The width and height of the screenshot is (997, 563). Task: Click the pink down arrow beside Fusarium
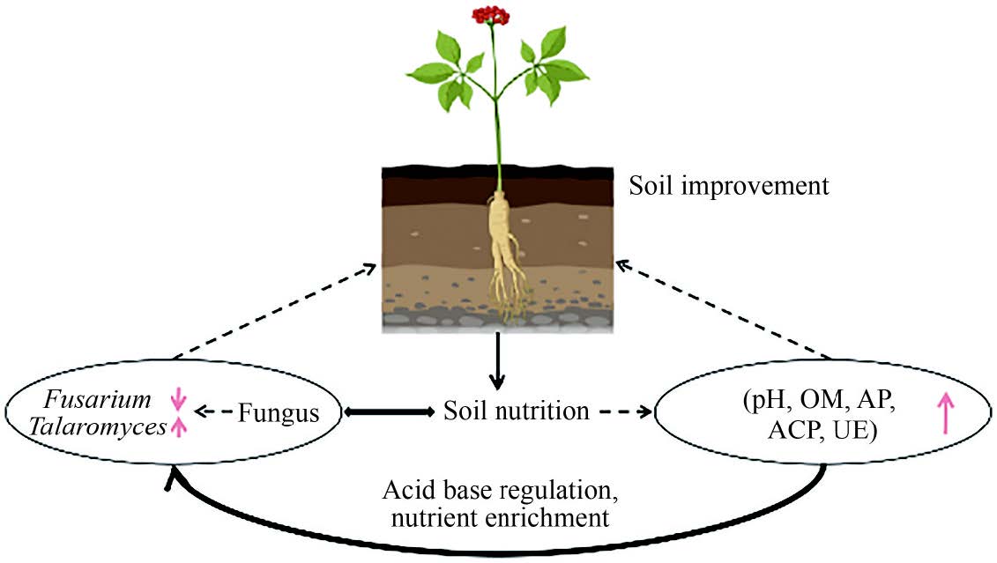click(x=179, y=400)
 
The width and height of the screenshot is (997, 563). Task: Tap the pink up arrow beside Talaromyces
click(x=179, y=426)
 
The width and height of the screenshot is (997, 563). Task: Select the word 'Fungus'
click(x=279, y=412)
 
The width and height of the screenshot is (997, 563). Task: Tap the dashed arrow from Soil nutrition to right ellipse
click(x=625, y=411)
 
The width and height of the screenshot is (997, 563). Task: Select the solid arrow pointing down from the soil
click(x=498, y=361)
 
